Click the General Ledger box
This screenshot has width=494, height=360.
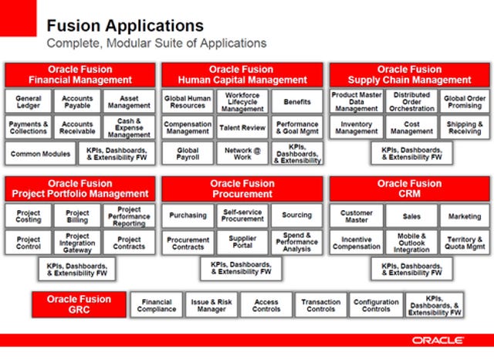pos(28,101)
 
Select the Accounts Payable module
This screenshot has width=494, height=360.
pos(77,101)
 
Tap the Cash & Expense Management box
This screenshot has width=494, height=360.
pos(129,127)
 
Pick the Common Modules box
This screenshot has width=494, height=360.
pos(40,154)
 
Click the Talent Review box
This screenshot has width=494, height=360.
pos(242,127)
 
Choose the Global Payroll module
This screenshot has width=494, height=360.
pos(188,154)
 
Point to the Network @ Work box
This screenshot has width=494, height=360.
pos(242,154)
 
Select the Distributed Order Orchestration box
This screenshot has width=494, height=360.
pos(411,101)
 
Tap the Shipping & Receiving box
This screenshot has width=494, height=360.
pos(465,127)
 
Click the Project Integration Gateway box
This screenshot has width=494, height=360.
pos(77,243)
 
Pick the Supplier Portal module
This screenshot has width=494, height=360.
pos(242,242)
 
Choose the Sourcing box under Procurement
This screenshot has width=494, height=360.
pos(296,216)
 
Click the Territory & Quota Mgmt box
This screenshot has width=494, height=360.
pos(465,243)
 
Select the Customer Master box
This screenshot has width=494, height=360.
pos(357,216)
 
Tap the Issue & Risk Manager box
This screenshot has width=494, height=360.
pos(211,305)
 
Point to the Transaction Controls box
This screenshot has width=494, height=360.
pos(321,305)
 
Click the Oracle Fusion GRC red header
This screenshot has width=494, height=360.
pos(79,304)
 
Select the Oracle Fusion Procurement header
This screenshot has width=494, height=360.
pos(242,188)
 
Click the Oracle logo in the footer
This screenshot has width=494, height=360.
pos(438,341)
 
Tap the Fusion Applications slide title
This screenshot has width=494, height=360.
pos(125,25)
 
